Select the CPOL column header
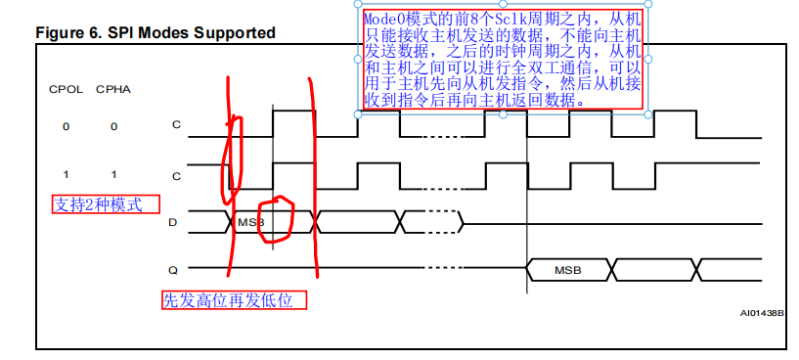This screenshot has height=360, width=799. click(x=66, y=90)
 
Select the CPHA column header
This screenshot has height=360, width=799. click(x=112, y=90)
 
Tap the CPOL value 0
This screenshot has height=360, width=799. click(x=66, y=126)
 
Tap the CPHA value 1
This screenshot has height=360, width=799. click(x=113, y=174)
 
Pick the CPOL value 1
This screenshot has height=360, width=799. click(x=66, y=174)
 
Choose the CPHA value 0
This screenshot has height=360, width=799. click(x=113, y=126)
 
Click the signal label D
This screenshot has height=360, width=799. click(x=173, y=223)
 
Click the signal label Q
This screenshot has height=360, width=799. click(x=173, y=268)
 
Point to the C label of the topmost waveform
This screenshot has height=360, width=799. click(x=176, y=125)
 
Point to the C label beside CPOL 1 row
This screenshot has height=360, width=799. click(x=176, y=176)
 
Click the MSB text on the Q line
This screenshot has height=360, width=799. click(x=568, y=269)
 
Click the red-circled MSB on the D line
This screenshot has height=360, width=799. click(x=250, y=223)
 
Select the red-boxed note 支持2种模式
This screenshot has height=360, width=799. click(x=97, y=205)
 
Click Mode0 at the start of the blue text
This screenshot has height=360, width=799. click(x=382, y=20)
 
